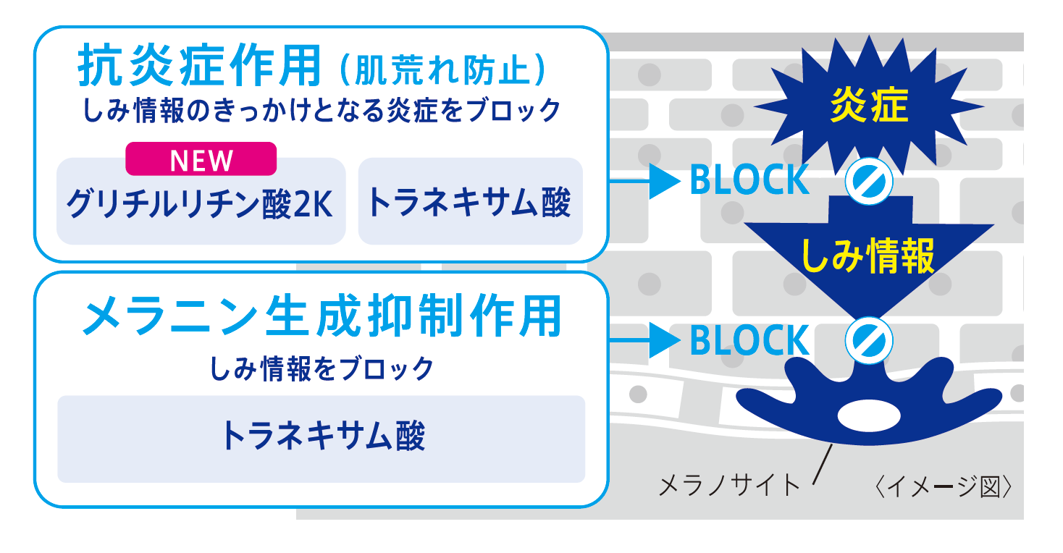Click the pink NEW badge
[201, 159]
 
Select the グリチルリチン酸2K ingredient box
[201, 205]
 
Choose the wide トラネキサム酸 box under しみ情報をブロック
[321, 438]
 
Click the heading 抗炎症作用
[199, 67]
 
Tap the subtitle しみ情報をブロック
[322, 368]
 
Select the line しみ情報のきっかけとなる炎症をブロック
[322, 110]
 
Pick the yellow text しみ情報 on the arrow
[868, 256]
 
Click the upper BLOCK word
[749, 180]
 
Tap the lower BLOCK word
[749, 340]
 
